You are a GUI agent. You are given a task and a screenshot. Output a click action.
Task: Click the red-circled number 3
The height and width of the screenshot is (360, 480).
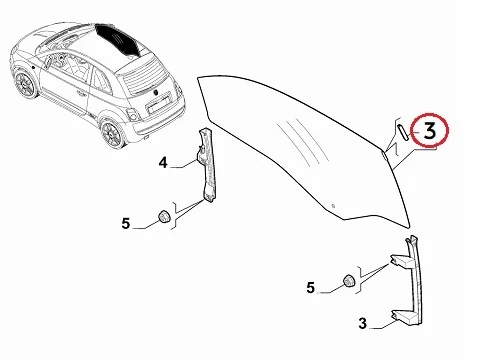click(430, 131)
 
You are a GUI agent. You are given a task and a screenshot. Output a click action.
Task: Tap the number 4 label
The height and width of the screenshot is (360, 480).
click(163, 163)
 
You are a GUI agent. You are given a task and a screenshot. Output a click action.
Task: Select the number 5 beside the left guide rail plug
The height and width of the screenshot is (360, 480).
click(125, 223)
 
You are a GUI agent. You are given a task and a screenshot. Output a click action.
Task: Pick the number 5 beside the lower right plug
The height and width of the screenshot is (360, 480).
click(310, 288)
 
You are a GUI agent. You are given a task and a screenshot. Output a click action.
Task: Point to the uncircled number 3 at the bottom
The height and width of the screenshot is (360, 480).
click(363, 323)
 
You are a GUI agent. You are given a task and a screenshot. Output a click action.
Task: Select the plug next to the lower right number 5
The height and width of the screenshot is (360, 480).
click(349, 281)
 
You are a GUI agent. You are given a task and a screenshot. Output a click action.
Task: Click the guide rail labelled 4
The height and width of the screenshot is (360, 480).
click(207, 165)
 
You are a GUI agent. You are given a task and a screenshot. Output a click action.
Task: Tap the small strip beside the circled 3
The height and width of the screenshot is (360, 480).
click(402, 132)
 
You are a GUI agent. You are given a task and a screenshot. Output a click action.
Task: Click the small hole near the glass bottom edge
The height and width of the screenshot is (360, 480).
click(332, 206)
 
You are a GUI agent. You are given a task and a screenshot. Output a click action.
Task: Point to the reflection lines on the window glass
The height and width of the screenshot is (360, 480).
click(298, 142)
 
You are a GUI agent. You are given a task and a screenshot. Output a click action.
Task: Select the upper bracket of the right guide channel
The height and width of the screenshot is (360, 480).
click(401, 261)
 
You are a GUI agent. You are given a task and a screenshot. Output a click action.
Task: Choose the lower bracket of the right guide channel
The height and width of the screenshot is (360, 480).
click(403, 317)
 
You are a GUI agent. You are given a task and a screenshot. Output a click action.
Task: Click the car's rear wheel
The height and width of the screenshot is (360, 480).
click(113, 134)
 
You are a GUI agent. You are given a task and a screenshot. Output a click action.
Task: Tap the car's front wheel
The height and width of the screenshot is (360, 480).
click(25, 84)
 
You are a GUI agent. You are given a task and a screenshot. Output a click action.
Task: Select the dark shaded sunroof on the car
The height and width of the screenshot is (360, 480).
click(118, 39)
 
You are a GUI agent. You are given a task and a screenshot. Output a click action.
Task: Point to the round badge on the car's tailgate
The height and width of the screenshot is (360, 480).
click(155, 92)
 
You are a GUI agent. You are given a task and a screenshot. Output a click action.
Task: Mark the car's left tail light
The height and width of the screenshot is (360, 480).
click(134, 115)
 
